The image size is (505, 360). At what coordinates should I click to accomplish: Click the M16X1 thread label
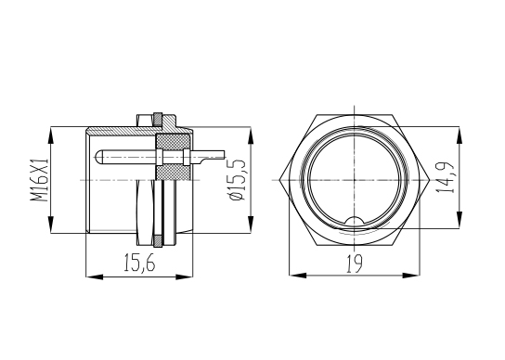(x=39, y=180)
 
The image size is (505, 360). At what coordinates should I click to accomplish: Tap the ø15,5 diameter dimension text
(x=238, y=179)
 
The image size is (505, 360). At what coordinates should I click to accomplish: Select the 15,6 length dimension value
(x=139, y=263)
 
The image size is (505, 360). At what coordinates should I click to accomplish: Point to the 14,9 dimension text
(x=445, y=177)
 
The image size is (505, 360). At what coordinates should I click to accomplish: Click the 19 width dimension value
(x=355, y=264)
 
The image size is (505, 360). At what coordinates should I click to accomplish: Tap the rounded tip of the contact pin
(x=97, y=157)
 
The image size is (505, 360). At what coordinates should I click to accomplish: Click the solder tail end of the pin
(x=224, y=155)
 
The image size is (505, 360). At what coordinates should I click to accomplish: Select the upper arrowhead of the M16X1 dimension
(x=50, y=135)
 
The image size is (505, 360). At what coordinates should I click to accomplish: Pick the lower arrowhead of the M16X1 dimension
(x=50, y=225)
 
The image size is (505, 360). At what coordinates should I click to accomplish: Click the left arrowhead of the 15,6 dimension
(x=95, y=276)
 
